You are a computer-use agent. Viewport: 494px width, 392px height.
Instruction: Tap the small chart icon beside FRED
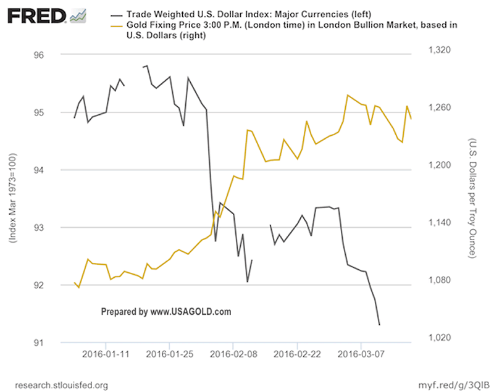click(78, 15)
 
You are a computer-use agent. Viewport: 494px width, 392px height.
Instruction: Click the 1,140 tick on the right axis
click(440, 223)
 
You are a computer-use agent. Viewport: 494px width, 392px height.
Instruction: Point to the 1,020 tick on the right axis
click(440, 338)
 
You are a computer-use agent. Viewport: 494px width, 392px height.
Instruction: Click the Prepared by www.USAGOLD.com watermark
click(165, 312)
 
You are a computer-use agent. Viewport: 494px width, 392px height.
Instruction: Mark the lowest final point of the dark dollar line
click(379, 325)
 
